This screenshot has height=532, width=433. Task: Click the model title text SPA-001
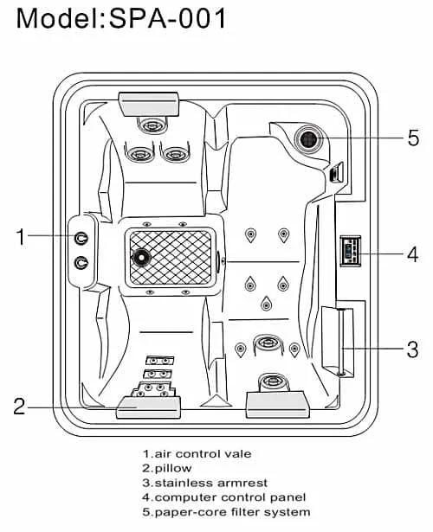click(x=167, y=18)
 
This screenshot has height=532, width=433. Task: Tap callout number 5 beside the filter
click(x=413, y=138)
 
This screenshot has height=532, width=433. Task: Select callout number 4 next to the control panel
click(x=412, y=254)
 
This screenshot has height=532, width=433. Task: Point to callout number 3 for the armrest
click(x=412, y=349)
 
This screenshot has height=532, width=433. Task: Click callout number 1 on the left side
click(x=21, y=236)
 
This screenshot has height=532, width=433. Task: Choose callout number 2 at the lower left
click(x=19, y=406)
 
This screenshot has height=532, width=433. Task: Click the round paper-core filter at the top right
click(x=308, y=138)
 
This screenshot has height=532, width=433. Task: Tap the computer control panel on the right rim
click(x=351, y=251)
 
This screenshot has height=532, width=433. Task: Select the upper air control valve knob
click(x=81, y=239)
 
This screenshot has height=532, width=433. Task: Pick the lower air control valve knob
click(x=81, y=263)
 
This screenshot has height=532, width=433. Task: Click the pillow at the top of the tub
click(x=149, y=104)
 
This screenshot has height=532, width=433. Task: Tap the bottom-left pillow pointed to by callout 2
click(x=148, y=407)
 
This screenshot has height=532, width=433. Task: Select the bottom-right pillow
click(x=278, y=405)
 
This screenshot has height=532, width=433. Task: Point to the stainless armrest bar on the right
click(x=341, y=342)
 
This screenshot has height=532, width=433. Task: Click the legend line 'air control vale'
click(x=197, y=453)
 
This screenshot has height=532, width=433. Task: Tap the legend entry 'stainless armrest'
click(x=205, y=483)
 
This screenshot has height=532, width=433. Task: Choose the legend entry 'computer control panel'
click(x=224, y=497)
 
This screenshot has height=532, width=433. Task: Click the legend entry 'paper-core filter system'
click(x=227, y=512)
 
